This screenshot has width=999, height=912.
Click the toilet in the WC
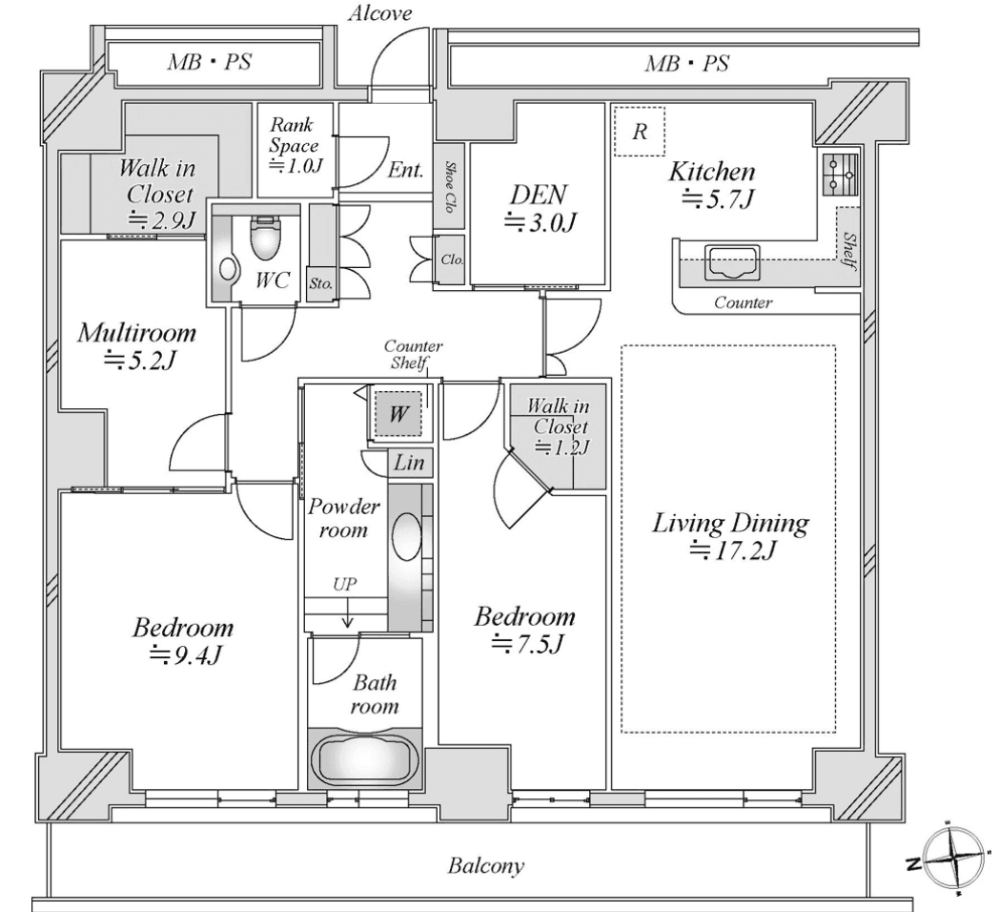265,238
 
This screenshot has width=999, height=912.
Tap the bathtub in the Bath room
365,758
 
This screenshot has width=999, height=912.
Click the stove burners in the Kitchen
840,175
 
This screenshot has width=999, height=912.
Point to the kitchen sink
733,262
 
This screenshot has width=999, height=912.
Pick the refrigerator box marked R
640,132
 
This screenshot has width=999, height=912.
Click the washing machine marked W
398,414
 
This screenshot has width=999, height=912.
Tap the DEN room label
539,195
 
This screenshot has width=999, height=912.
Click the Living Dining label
730,523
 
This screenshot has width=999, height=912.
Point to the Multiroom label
136,333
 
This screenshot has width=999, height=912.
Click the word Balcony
485,865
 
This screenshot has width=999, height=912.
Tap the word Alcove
380,12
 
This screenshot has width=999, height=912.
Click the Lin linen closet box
409,463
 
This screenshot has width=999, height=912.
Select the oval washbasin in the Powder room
406,537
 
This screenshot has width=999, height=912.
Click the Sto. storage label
320,282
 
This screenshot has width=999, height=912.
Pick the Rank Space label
293,145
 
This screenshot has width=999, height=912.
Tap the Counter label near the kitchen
743,302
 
